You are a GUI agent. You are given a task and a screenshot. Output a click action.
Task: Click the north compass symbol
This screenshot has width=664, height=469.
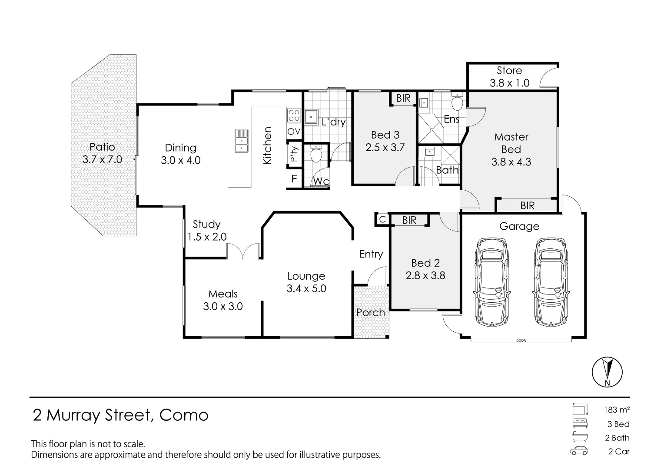tap(607, 372)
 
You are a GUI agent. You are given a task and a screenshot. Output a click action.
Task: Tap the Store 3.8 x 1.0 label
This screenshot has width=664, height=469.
tap(509, 77)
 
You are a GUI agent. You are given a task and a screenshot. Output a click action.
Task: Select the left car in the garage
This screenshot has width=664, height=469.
tap(492, 282)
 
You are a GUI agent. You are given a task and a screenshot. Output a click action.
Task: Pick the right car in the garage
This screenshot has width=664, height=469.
tap(551, 282)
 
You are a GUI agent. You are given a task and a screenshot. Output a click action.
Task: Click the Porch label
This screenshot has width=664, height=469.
tap(371, 312)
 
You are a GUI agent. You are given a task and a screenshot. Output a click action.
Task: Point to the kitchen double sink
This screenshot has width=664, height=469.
tap(242, 141)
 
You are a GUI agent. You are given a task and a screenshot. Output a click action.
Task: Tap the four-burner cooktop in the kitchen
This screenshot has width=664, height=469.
tap(294, 116)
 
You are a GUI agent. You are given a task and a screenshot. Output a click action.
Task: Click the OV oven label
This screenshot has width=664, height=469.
tap(294, 131)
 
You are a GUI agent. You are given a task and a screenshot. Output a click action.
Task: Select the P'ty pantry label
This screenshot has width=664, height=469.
tap(294, 154)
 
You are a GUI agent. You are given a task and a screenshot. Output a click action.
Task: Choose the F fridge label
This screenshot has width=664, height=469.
tap(294, 178)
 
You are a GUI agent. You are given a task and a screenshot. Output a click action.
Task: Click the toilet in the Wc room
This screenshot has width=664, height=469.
tap(316, 153)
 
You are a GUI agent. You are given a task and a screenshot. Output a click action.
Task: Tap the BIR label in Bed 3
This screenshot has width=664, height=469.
tap(403, 98)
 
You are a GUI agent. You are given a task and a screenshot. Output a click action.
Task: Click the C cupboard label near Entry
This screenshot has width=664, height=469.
tap(382, 220)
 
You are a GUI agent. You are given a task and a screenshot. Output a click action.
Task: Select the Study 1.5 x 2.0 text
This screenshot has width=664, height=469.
tap(207, 231)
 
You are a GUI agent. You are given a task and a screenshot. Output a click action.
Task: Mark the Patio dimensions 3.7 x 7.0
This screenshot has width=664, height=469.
tap(102, 160)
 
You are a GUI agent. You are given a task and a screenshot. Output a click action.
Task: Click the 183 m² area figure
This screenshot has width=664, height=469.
tap(617, 410)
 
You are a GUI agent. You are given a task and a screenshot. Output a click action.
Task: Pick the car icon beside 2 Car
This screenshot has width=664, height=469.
tap(579, 451)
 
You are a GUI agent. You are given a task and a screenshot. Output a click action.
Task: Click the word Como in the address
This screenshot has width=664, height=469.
tap(184, 415)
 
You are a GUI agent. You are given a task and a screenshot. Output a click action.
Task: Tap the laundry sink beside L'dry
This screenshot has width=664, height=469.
tap(311, 117)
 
